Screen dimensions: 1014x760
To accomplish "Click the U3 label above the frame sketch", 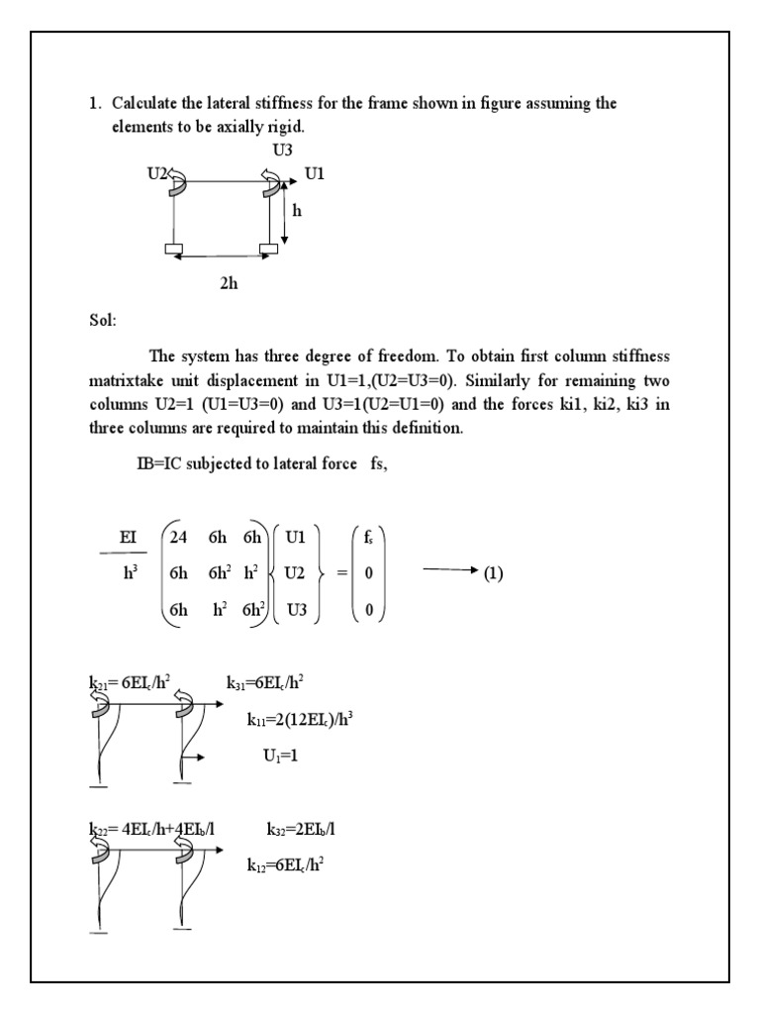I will (x=282, y=151).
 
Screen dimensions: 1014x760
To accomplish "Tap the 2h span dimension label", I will (x=229, y=282).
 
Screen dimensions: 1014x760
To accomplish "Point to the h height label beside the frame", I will (x=296, y=211).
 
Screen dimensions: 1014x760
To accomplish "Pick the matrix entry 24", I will (x=178, y=538).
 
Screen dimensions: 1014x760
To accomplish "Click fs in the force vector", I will (x=368, y=538).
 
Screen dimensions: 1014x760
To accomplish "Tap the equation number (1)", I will (x=493, y=573).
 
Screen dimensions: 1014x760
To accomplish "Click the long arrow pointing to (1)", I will (x=448, y=572).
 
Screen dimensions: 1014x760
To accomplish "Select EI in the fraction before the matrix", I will (x=128, y=537).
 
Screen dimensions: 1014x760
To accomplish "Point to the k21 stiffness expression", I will (x=125, y=680).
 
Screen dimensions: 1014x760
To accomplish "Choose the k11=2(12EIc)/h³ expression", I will (x=300, y=720).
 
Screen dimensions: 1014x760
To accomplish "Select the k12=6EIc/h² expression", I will (x=286, y=864).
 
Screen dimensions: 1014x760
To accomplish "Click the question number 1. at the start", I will (x=96, y=103).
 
